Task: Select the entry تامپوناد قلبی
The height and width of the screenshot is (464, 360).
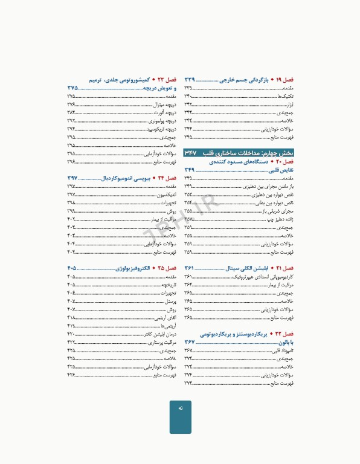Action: tap(282, 350)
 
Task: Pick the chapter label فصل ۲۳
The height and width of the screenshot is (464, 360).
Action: tap(166, 80)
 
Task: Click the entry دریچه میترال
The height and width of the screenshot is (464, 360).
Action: tap(164, 105)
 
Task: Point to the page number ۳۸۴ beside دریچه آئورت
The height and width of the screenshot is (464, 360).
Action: tap(71, 112)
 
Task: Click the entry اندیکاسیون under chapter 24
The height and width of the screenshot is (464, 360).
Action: tap(164, 195)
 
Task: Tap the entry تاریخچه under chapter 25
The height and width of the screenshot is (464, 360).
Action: tap(168, 285)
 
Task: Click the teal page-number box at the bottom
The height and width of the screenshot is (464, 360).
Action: tap(180, 416)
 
